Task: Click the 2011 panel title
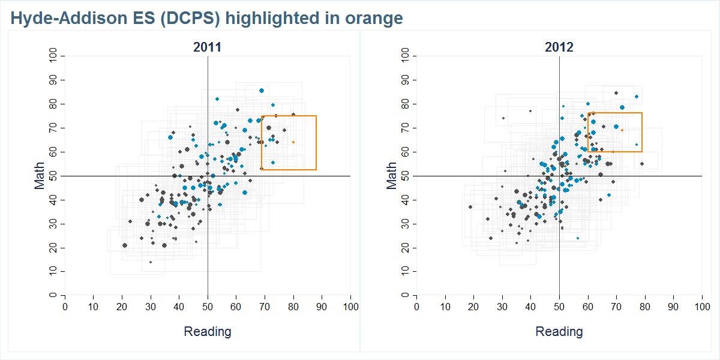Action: coord(207,47)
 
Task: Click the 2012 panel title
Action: coord(559,47)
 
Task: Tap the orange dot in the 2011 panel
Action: coord(293,142)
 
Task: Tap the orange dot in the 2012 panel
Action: coord(622,130)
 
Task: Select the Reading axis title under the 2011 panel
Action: coord(207,331)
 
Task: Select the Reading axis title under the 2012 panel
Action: coord(559,331)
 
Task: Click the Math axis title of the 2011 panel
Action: coord(40,176)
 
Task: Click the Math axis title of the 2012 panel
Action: coord(392,176)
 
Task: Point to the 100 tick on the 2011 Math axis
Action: coord(55,56)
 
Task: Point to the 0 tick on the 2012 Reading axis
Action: coord(416,307)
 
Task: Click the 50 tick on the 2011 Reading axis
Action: coord(208,307)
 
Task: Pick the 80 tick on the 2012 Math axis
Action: coord(406,104)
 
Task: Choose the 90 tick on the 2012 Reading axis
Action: coord(673,307)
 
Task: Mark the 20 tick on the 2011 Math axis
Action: coord(55,248)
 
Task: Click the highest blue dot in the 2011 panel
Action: coord(262,91)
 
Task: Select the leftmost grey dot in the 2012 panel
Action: coord(470,207)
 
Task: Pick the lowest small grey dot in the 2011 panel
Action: coord(151,262)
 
